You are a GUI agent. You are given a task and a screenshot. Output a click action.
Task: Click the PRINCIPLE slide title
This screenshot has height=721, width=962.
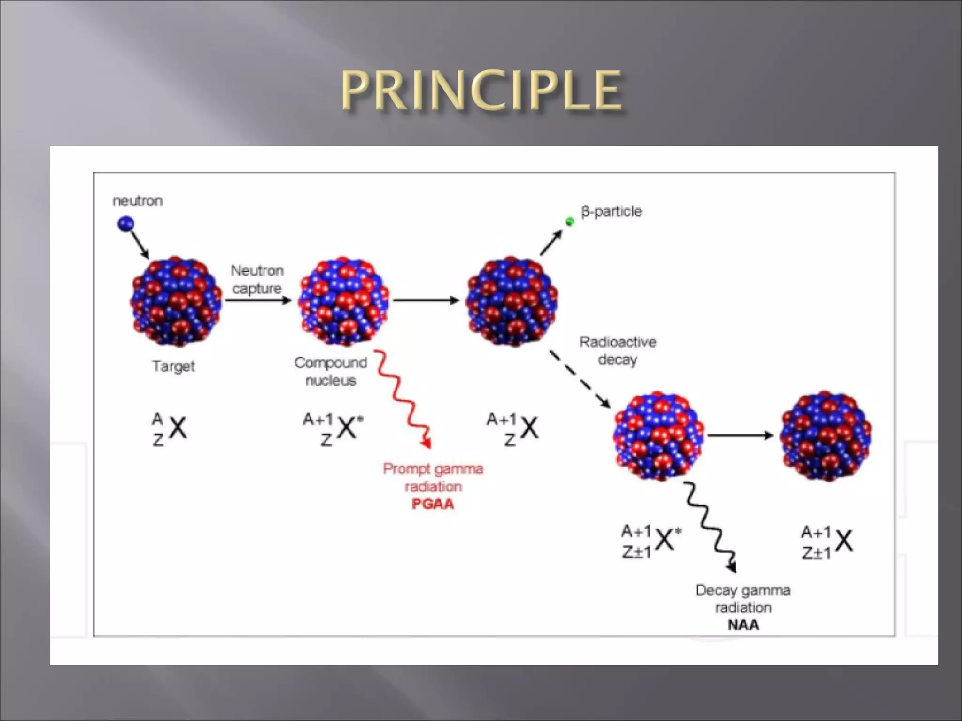coord(481,90)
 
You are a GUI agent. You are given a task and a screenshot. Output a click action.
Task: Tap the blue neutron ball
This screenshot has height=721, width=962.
coord(125,223)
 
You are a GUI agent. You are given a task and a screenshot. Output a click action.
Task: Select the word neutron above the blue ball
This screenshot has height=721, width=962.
coord(138,201)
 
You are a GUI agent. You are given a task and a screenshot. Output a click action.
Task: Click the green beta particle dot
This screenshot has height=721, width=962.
coord(569,222)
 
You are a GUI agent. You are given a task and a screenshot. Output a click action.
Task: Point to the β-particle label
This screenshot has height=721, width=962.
coord(611,211)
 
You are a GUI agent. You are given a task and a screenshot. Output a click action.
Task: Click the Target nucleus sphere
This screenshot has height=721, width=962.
coord(176,301)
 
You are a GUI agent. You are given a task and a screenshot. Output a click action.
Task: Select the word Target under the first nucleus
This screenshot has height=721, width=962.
coord(173,366)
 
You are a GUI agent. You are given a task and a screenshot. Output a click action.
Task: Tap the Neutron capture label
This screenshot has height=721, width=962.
coord(257,279)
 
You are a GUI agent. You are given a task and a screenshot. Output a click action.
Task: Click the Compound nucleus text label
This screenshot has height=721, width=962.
coord(331,371)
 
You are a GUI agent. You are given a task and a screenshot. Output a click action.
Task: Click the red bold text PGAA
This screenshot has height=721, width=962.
coord(433,504)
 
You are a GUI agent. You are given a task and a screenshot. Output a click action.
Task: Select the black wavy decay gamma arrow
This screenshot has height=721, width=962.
coord(708,526)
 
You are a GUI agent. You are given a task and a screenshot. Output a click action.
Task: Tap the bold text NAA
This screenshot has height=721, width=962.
coord(743,625)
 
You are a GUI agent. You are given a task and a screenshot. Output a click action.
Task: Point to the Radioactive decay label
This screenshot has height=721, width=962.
coord(617,351)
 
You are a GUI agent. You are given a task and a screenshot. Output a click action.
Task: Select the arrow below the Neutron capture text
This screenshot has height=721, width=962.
coord(258,300)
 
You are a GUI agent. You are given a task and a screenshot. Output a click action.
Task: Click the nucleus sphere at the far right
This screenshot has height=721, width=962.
coord(825,436)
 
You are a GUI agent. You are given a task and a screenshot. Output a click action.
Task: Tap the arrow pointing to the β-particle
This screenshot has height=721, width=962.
coord(551,243)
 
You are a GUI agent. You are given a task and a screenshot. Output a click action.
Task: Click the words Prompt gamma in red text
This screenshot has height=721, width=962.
coord(433,468)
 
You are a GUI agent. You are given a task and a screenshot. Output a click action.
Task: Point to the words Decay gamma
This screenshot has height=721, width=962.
coord(743,590)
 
